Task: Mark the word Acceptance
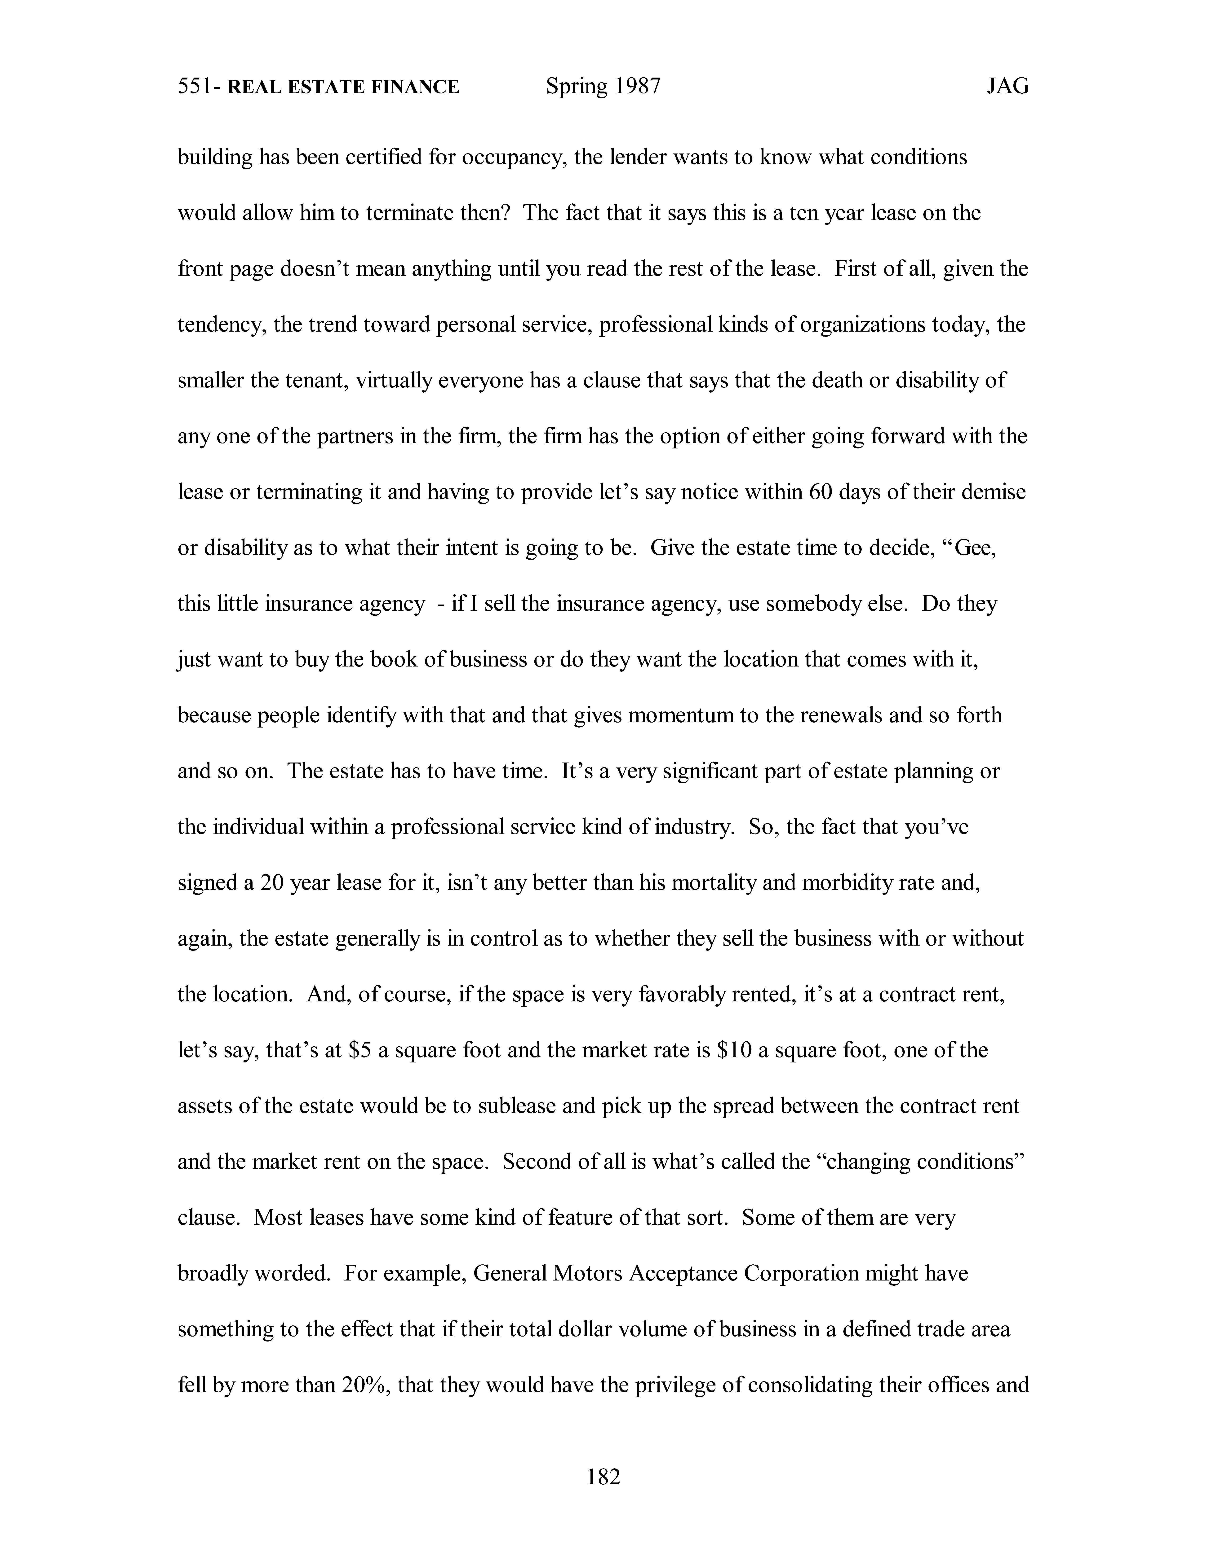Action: [683, 1274]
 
